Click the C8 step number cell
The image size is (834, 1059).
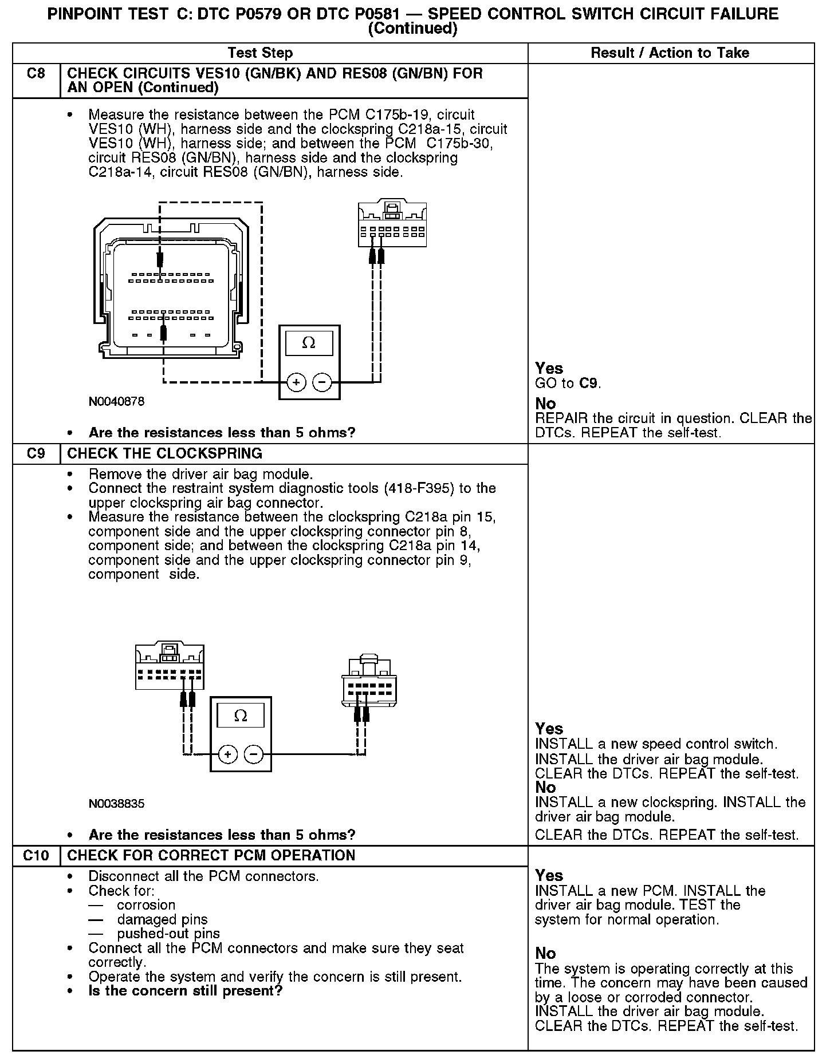click(x=36, y=74)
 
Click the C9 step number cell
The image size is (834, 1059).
click(x=36, y=453)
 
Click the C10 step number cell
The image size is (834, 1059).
click(x=36, y=855)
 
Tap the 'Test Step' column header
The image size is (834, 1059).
click(x=260, y=53)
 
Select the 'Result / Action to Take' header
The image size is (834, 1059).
click(x=670, y=53)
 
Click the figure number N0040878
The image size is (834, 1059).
click(x=117, y=401)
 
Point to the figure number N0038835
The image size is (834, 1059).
click(x=117, y=804)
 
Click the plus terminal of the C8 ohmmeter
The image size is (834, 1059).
click(x=296, y=382)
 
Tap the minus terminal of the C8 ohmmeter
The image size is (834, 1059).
click(x=322, y=382)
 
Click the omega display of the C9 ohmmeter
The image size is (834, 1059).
click(x=241, y=716)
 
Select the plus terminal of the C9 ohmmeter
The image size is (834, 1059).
click(x=228, y=754)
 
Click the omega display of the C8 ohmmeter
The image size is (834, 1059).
click(x=309, y=343)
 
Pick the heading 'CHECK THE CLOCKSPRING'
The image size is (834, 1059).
click(x=165, y=453)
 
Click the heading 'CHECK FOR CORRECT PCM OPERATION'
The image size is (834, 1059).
click(x=211, y=855)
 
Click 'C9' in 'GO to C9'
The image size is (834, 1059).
click(x=589, y=384)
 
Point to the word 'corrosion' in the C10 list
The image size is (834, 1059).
click(x=146, y=905)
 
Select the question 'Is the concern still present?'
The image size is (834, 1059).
click(x=186, y=991)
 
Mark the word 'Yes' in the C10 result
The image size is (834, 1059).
click(x=549, y=875)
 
